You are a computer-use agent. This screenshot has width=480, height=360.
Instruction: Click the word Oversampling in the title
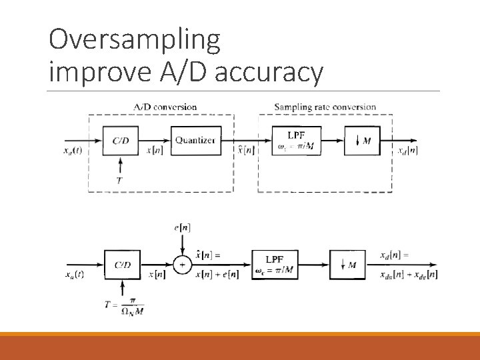point(134,41)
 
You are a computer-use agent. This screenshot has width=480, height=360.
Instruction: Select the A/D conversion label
point(165,107)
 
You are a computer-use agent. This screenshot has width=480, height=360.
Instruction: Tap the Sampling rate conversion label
point(325,107)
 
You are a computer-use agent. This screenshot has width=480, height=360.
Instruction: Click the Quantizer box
point(195,140)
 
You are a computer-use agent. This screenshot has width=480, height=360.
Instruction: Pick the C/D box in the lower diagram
point(122,265)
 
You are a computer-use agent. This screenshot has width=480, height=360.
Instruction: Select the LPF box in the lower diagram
point(275,265)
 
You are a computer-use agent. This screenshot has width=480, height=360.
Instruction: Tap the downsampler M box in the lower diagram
point(348,265)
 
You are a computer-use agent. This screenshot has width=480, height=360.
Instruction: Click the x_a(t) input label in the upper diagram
point(75,152)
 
